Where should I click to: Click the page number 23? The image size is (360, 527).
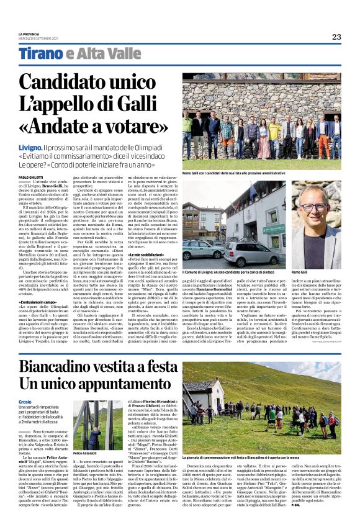pos(336,37)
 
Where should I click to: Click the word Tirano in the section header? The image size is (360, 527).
pos(40,54)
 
